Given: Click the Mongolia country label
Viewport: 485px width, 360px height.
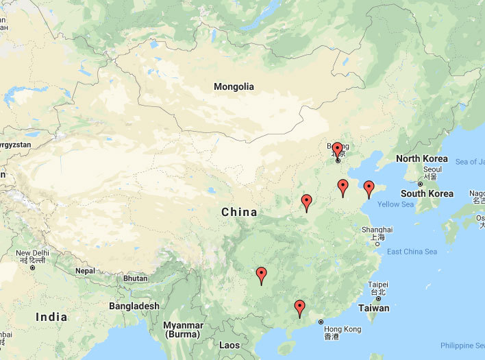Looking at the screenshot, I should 234,87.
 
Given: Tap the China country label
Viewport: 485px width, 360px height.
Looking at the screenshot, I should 239,213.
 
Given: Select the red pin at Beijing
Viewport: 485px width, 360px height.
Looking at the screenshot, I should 338,151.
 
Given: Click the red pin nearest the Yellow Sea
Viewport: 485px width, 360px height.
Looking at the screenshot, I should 369,189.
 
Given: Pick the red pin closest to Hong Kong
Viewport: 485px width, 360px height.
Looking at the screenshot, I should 299,308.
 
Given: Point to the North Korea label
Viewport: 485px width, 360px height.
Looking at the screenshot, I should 422,159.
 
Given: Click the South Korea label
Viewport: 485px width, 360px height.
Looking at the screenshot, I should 427,193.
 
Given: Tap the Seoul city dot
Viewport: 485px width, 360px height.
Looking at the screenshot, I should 420,184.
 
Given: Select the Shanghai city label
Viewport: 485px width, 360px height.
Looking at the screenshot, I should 377,230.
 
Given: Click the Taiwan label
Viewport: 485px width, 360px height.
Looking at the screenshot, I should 374,309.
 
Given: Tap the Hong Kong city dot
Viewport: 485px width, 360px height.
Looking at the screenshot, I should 321,322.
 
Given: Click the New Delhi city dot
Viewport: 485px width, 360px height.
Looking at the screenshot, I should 33,267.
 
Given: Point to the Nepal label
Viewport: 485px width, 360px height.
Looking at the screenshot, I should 85,271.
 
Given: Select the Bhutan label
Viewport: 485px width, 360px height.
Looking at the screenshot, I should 135,278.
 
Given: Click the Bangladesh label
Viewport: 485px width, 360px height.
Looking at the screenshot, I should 134,306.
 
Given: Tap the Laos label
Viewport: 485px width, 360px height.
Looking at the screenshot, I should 229,346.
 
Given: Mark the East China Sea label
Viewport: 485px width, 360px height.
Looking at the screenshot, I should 412,252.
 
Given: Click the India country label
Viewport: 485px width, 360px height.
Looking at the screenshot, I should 51,317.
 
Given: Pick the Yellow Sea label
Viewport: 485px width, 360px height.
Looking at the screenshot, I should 395,204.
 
